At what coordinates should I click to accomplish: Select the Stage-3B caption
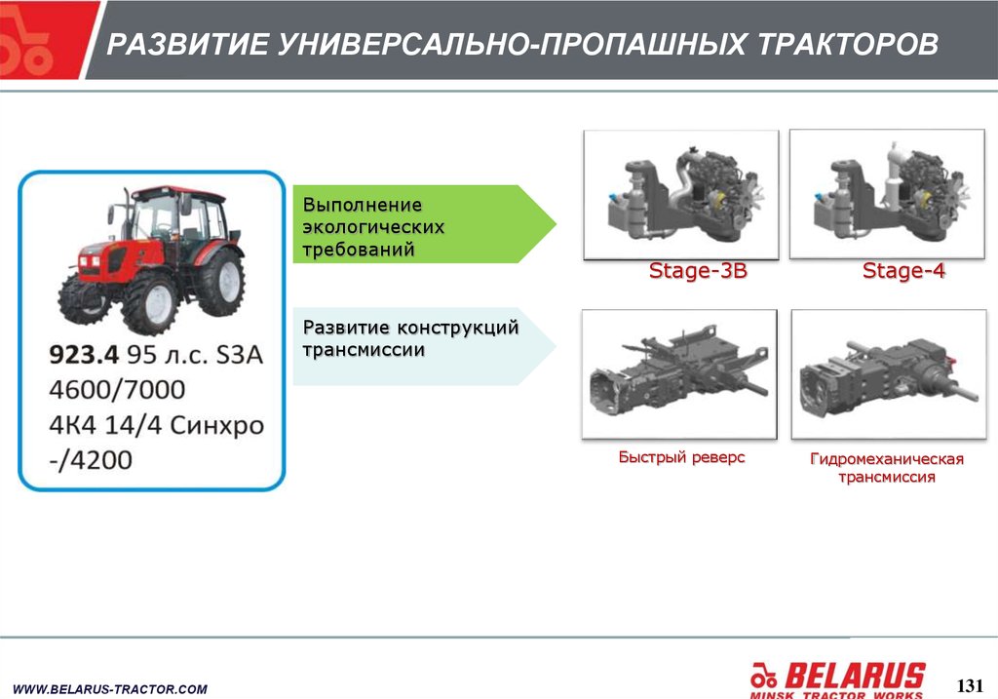[x=698, y=271]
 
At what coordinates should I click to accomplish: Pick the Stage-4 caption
[x=903, y=271]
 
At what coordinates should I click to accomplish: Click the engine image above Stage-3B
[x=681, y=195]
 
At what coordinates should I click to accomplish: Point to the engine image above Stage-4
[x=887, y=194]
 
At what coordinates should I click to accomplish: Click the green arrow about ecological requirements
[x=424, y=224]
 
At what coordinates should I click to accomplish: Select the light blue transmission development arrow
[x=424, y=346]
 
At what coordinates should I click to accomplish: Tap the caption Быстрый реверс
[x=681, y=457]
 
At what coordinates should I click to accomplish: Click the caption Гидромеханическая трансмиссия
[x=887, y=468]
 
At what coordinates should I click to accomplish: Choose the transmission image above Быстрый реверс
[x=679, y=374]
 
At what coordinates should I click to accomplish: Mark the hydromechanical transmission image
[x=889, y=374]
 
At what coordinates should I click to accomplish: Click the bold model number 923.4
[x=84, y=355]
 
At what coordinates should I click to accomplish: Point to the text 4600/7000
[x=117, y=390]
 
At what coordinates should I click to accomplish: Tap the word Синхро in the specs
[x=217, y=425]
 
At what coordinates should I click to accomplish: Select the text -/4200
[x=91, y=459]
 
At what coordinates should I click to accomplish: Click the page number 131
[x=970, y=685]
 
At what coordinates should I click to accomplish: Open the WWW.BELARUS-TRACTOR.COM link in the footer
[x=110, y=689]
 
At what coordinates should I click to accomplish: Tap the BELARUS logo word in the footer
[x=855, y=676]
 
